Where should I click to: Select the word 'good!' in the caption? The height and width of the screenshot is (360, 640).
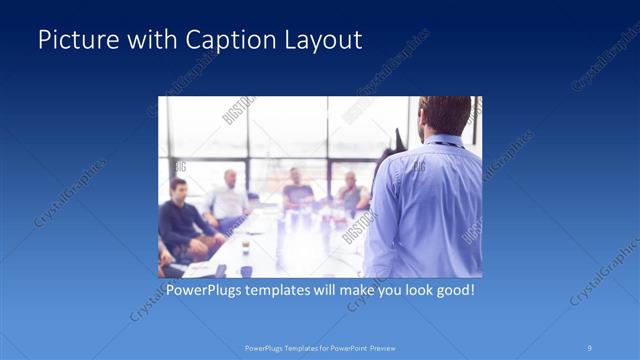tap(452, 290)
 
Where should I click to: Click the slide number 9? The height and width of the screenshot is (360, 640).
tap(590, 347)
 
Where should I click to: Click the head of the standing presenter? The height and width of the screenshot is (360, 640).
tap(445, 116)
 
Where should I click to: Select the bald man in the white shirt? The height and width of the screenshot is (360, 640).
tap(229, 195)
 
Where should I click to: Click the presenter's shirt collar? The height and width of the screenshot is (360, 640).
tap(440, 141)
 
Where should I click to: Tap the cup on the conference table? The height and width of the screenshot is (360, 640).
tap(245, 270)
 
